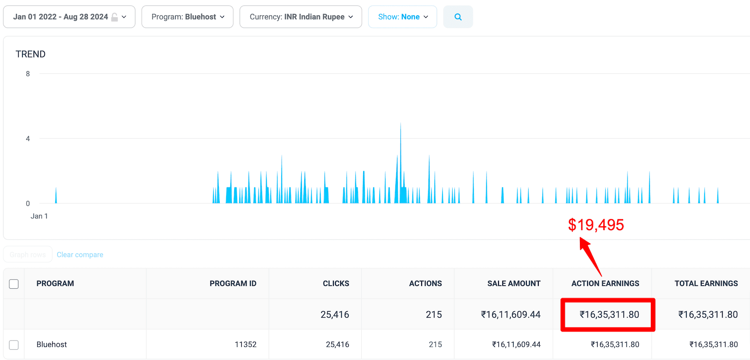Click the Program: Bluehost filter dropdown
point(187,17)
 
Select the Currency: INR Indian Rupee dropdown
point(301,17)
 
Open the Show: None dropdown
point(403,17)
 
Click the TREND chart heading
point(31,54)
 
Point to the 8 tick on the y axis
point(28,74)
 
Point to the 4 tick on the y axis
point(28,139)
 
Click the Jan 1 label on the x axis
point(39,216)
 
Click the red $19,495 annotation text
point(596,225)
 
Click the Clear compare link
point(80,255)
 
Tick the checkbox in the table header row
point(14,284)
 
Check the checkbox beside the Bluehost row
point(14,345)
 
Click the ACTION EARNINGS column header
point(605,284)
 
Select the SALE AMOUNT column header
point(514,284)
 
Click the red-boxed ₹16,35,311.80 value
point(609,315)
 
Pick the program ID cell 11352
point(246,345)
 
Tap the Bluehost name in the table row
point(52,345)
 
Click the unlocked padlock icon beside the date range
point(115,17)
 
